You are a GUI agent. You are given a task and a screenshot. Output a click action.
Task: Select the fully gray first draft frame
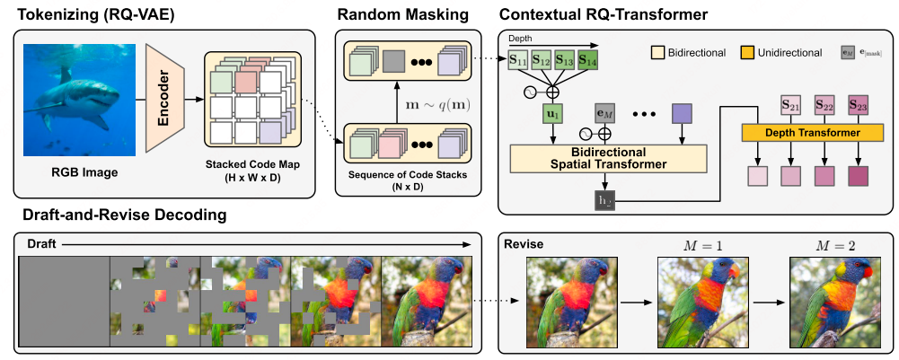point(65,301)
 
